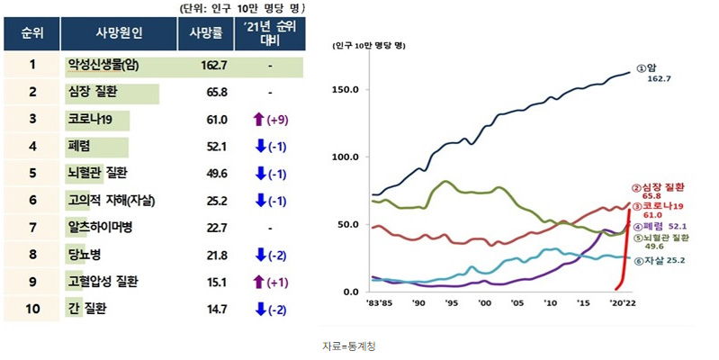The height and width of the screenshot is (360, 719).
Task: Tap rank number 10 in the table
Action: [x=31, y=310]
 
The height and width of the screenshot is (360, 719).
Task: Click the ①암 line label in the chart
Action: [x=648, y=67]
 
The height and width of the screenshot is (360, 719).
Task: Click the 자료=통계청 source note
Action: [x=349, y=346]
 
